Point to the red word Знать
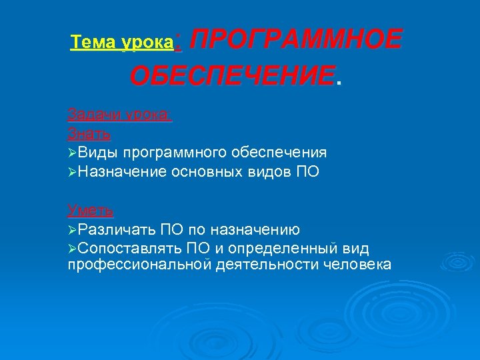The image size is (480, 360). tap(89, 133)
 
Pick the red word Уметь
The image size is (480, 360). tap(91, 211)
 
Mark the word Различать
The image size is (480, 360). tap(117, 230)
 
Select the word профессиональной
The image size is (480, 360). tap(141, 265)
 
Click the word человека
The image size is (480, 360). tap(358, 265)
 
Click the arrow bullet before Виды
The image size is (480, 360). tap(72, 153)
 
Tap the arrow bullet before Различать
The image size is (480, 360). tap(72, 230)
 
